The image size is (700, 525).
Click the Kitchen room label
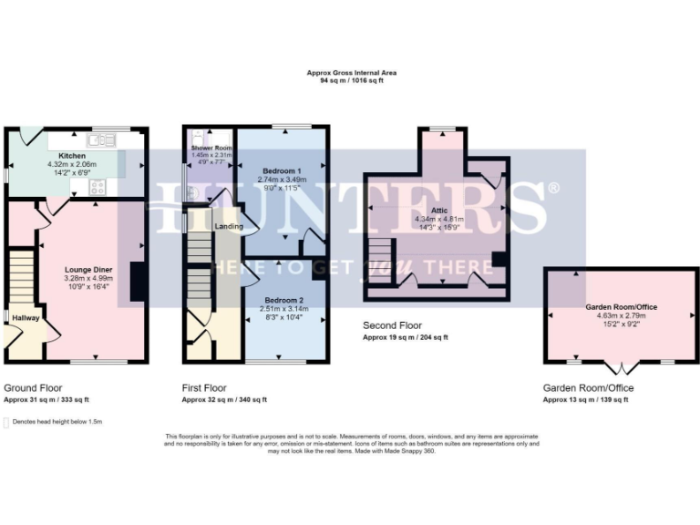coord(72,156)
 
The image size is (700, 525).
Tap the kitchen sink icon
coord(100,140)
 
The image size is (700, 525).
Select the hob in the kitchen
coord(96,188)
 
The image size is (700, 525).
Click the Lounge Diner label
coord(88,270)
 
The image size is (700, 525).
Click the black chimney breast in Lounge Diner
coord(136,282)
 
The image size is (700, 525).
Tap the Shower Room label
coord(206,148)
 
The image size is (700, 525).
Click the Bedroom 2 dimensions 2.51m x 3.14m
coord(283,309)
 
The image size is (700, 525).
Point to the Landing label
coord(227,226)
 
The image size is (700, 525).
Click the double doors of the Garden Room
coord(620,368)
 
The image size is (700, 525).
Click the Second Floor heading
coord(391,325)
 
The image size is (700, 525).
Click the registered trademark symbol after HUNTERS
coord(552,188)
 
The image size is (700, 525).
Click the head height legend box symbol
coord(8,422)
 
